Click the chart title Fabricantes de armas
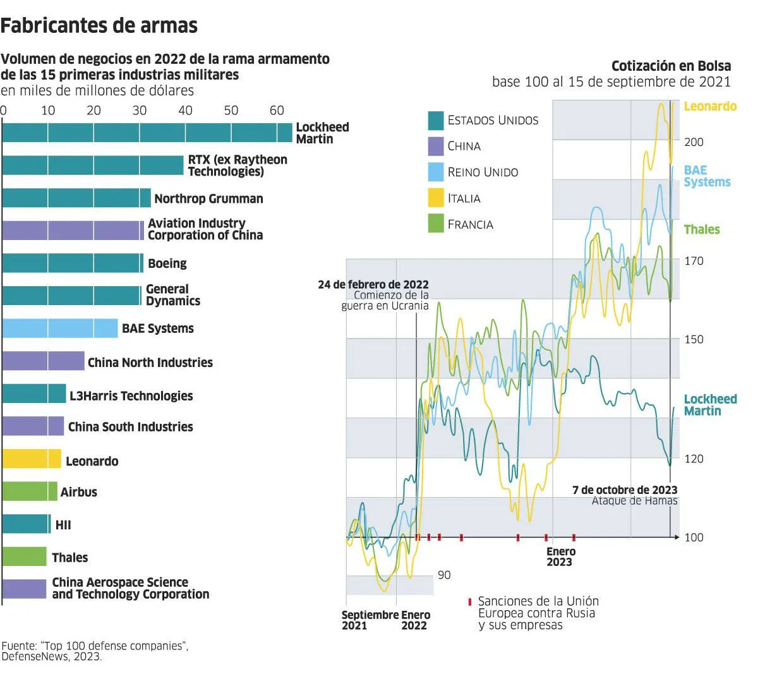coord(99,25)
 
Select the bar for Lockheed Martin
coord(147,133)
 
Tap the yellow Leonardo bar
coord(32,459)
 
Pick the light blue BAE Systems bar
coord(59,328)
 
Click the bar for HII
coord(26,524)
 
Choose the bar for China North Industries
coord(43,361)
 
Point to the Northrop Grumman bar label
coord(208,198)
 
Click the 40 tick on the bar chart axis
coord(185,111)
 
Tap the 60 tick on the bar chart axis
coord(277,111)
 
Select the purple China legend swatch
coord(436,147)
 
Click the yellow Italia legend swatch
coord(436,198)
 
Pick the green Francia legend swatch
coord(436,224)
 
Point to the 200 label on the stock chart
coord(694,142)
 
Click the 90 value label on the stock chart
coord(444,575)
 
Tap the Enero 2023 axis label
coord(560,557)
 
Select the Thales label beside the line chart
coord(702,229)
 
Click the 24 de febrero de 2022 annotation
coord(373,285)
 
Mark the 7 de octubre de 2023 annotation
coord(625,490)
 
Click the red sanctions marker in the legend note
coord(469,602)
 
